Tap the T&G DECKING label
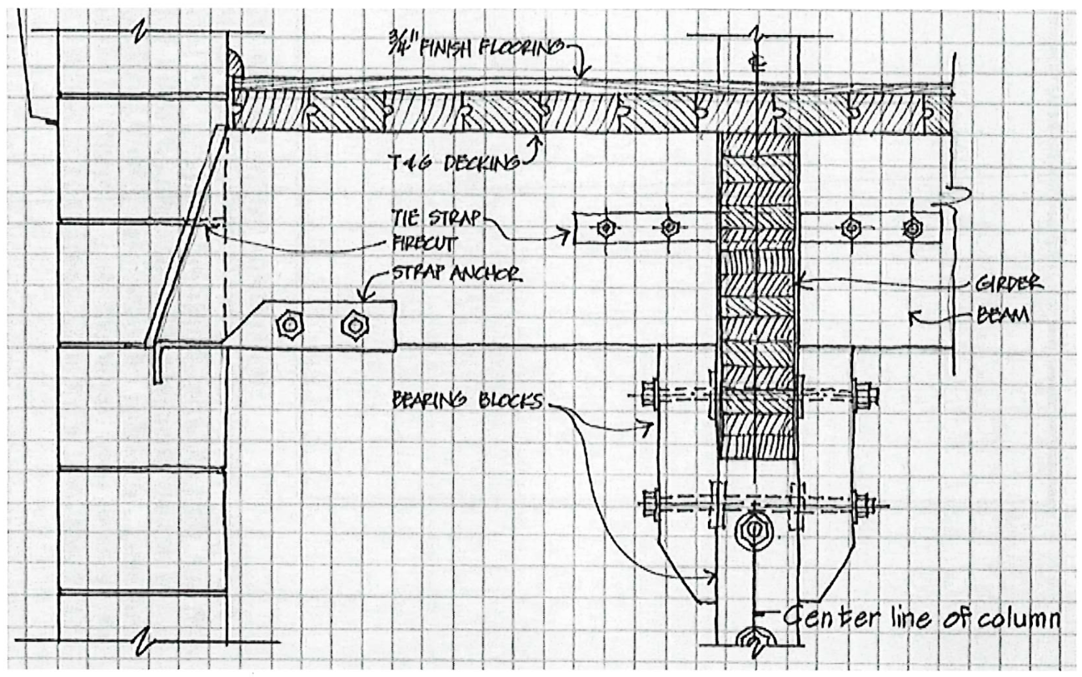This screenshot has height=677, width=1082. (450, 163)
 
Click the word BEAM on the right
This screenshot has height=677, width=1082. (1005, 316)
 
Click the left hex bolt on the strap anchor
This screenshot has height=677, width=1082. (293, 325)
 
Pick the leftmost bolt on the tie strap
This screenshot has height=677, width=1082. (606, 226)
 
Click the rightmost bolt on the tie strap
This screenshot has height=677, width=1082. (913, 226)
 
